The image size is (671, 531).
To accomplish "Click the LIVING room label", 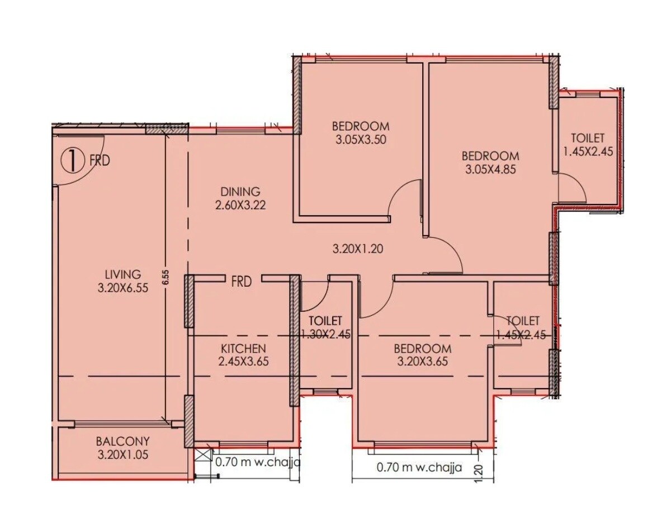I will [122, 274].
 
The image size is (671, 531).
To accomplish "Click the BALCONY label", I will [122, 441].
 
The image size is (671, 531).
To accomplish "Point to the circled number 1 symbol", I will [71, 160].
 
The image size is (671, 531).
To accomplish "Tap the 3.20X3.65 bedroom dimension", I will [423, 361].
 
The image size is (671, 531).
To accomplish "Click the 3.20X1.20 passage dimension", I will [357, 249].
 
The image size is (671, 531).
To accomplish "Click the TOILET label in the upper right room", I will [587, 138].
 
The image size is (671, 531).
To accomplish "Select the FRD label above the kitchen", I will [242, 281].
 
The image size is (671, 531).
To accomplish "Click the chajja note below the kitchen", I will [258, 462].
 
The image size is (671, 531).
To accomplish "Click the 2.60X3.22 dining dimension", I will [240, 205].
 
